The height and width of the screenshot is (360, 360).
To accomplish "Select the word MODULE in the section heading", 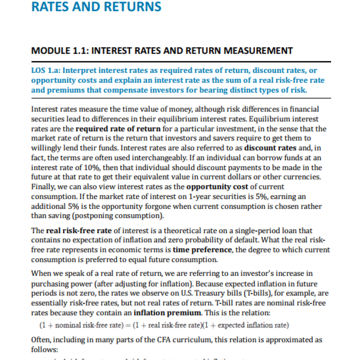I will pos(49,51).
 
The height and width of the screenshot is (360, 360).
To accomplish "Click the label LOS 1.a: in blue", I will pos(46,71).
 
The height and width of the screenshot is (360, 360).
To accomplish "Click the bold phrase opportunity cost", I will pos(212,187).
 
